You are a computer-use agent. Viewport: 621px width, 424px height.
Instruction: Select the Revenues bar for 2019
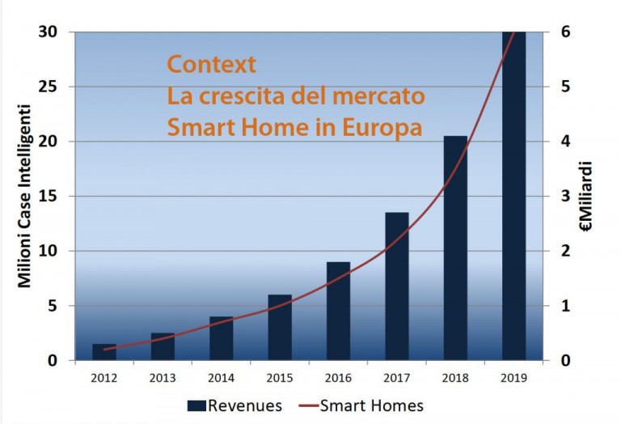513,196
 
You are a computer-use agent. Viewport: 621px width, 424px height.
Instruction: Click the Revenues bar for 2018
455,248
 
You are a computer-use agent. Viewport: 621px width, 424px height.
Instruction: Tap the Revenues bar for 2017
397,286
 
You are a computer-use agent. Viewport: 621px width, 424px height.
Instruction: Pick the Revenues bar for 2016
338,311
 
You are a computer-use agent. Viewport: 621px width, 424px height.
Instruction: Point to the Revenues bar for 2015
280,328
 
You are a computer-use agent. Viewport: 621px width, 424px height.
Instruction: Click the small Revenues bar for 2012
104,352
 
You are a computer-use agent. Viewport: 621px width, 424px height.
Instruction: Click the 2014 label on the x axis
221,378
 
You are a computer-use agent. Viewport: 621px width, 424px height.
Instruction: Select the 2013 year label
163,378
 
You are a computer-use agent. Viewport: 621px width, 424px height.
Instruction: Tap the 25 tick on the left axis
49,87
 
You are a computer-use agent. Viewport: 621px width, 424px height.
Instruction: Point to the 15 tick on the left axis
49,196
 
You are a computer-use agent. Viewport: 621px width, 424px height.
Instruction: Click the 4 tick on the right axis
565,141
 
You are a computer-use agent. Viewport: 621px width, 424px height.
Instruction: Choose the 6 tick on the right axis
565,32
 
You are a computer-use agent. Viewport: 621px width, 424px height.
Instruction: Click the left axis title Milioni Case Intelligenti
24,196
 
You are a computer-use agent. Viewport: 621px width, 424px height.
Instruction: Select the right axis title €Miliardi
585,196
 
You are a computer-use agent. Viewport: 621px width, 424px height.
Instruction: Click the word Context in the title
212,64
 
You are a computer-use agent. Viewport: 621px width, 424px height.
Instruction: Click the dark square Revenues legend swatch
196,405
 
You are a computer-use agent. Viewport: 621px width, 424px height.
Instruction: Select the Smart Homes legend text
371,405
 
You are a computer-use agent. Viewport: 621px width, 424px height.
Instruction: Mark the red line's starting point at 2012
104,350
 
